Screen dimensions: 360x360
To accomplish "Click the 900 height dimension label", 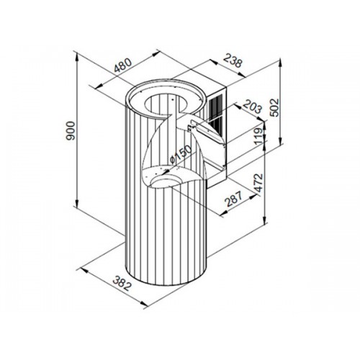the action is (71, 131).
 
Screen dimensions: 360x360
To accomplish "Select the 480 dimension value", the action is (122, 66).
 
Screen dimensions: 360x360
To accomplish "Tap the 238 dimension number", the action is (233, 60).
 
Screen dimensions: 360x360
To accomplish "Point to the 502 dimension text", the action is (275, 107).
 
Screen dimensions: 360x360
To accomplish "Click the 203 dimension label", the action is (253, 107).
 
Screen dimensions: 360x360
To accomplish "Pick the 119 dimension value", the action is (258, 136).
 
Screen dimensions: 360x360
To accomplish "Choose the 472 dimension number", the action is (258, 183).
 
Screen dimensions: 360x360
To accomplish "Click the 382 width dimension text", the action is (122, 284).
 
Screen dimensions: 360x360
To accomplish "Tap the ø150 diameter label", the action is (181, 154).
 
